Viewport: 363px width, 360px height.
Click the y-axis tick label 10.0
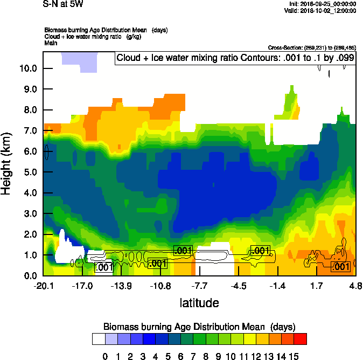click(28, 68)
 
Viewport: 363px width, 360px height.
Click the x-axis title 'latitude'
click(199, 303)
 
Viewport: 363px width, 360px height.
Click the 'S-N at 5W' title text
click(64, 4)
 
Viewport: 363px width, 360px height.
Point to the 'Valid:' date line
click(322, 11)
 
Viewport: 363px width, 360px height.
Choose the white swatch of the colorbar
click(98, 338)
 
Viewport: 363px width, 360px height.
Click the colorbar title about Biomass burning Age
click(199, 327)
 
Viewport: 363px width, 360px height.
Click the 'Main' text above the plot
click(51, 43)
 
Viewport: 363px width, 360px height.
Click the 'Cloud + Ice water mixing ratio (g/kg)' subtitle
click(89, 36)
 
